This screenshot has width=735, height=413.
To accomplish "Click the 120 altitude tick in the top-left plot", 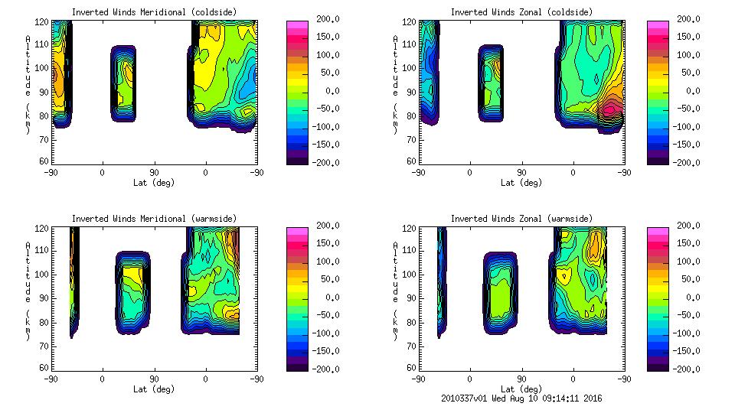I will pyautogui.click(x=44, y=22).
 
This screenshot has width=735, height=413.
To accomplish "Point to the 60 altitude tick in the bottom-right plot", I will pyautogui.click(x=412, y=368).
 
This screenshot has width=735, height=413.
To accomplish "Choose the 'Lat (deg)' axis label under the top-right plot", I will pyautogui.click(x=521, y=183).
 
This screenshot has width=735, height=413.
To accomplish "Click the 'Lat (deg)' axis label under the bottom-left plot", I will pyautogui.click(x=154, y=389).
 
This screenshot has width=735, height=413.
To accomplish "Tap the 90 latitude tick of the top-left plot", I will pyautogui.click(x=154, y=172).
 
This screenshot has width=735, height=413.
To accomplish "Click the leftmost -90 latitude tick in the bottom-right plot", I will pyautogui.click(x=418, y=379).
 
